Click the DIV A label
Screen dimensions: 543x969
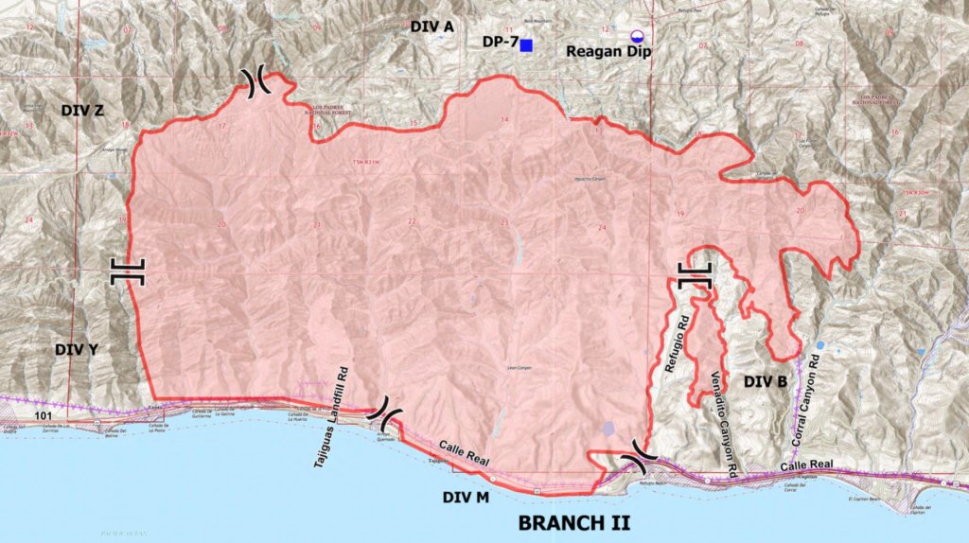(x=432, y=27)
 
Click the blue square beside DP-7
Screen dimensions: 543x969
(x=526, y=45)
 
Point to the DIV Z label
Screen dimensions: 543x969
(x=82, y=111)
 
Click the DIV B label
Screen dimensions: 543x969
(x=766, y=382)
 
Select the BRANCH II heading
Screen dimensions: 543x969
(x=573, y=522)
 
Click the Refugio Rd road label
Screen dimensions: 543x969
(x=675, y=338)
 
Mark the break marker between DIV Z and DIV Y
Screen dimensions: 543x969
(x=126, y=271)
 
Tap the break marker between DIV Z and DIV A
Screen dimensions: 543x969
(x=256, y=83)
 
